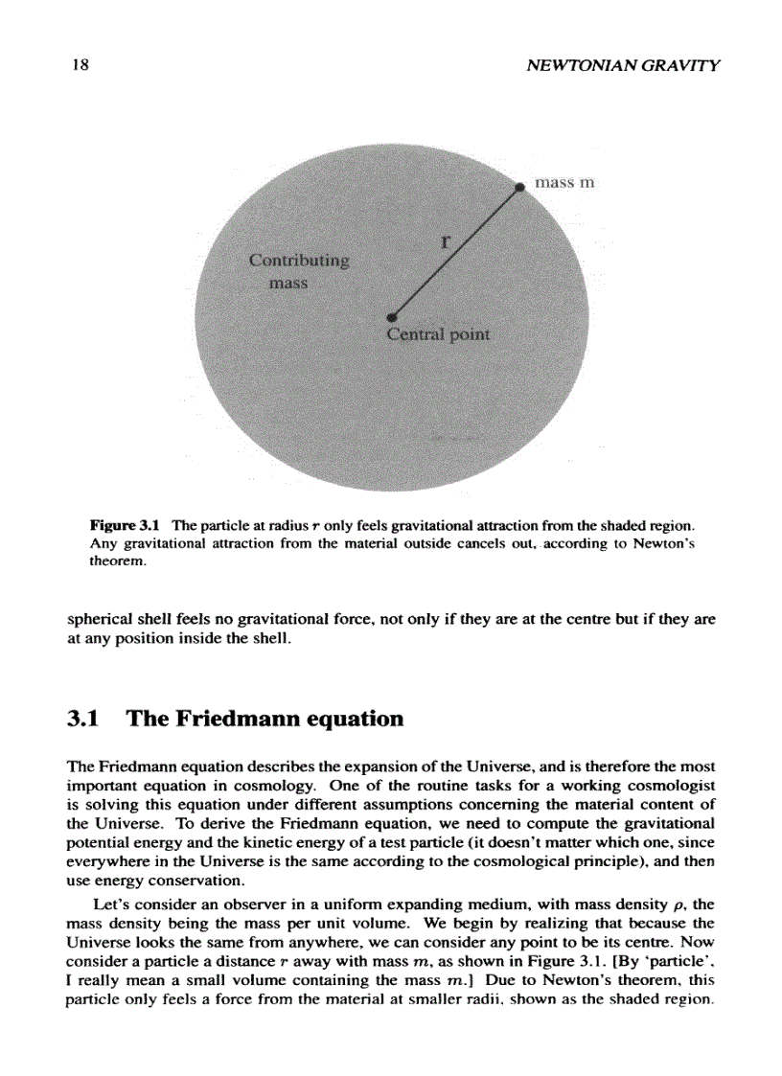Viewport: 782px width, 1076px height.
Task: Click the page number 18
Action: tap(79, 66)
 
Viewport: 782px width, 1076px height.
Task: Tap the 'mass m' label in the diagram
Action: tap(564, 182)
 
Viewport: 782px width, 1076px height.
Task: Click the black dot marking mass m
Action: tap(519, 188)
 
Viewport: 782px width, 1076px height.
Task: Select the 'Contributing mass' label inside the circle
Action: tap(299, 271)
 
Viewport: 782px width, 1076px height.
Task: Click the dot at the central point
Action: tap(391, 317)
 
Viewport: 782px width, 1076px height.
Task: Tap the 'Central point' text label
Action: tap(438, 335)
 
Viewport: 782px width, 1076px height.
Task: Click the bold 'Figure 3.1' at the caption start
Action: tap(123, 526)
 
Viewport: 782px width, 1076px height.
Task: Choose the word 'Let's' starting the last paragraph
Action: tap(110, 905)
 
